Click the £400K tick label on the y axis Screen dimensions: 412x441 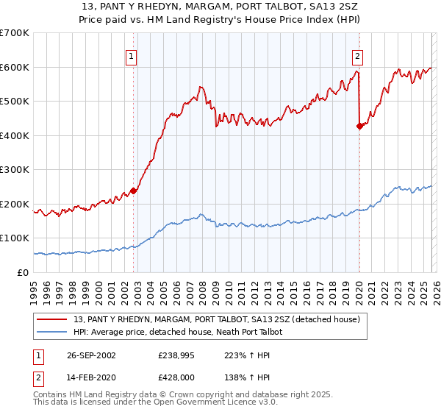pos(14,135)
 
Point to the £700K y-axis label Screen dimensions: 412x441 pos(14,33)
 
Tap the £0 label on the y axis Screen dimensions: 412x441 pos(22,272)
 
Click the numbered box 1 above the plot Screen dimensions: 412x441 pos(131,57)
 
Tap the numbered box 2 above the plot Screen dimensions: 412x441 pos(357,57)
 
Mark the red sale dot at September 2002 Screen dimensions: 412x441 pos(134,191)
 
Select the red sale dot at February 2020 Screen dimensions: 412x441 pos(359,126)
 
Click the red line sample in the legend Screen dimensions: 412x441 pos(52,319)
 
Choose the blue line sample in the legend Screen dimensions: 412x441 pos(52,332)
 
